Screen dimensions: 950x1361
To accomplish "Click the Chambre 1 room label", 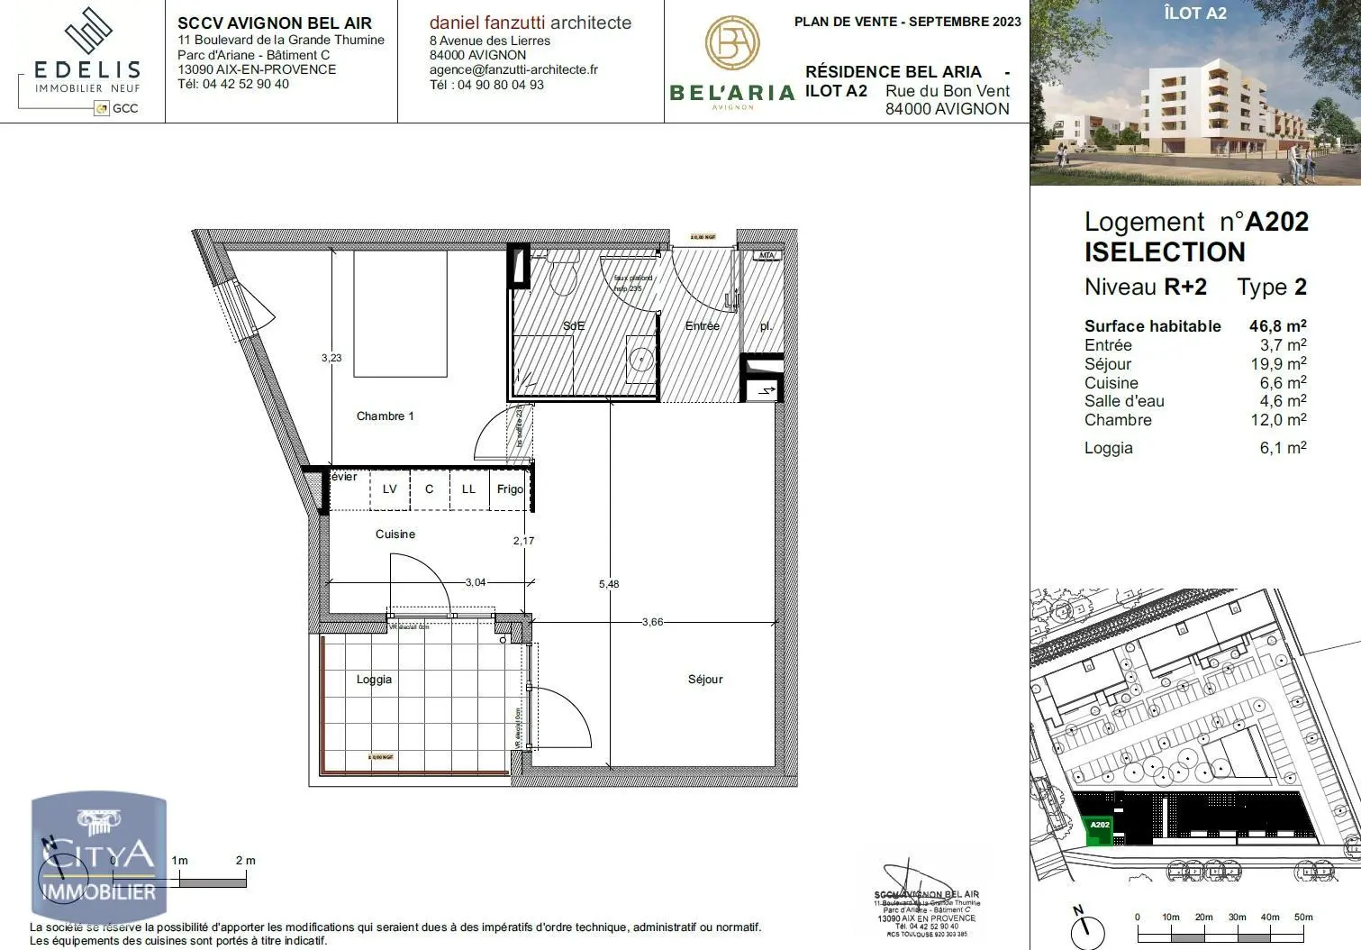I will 385,416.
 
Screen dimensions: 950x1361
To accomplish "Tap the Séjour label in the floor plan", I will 704,680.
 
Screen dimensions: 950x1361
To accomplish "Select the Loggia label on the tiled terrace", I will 374,680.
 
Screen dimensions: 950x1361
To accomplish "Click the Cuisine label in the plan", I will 395,534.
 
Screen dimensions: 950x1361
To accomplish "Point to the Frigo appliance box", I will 510,489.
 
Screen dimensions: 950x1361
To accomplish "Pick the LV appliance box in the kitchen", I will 389,489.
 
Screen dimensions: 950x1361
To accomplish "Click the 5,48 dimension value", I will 609,584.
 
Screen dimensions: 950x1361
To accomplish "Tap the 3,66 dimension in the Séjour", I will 652,622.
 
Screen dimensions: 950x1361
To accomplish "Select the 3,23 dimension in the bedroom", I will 331,358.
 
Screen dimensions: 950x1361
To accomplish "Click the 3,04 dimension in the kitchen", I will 475,582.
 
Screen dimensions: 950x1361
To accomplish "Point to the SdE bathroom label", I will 574,325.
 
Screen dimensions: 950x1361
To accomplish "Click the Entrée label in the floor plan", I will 702,326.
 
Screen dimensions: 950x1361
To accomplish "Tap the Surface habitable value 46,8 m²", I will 1276,326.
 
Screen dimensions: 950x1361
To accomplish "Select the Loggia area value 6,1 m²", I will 1282,448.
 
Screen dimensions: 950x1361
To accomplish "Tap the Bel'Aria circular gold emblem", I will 731,43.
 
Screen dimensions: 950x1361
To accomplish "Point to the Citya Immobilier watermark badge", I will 99,856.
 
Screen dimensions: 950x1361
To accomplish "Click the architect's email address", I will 513,69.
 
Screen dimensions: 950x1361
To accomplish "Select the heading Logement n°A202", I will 1195,222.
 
